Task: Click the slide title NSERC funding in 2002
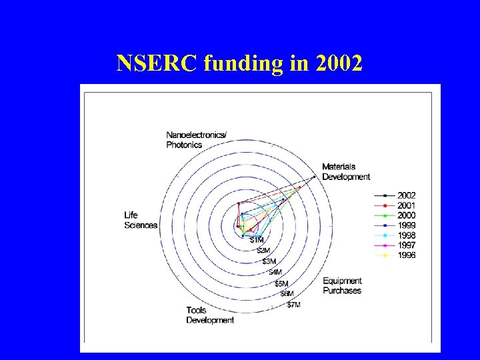tap(239, 63)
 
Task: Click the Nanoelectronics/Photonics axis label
tap(196, 139)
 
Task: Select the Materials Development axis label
tap(345, 172)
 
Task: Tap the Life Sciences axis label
tap(140, 220)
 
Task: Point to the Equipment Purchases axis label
tap(342, 286)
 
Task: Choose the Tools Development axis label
tap(209, 315)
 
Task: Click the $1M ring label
tap(257, 240)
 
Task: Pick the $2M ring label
tap(264, 251)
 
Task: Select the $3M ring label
tap(269, 261)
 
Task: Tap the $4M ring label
tap(275, 272)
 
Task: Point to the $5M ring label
tap(281, 283)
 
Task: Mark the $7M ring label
tap(293, 305)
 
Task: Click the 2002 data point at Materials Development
tap(314, 177)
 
